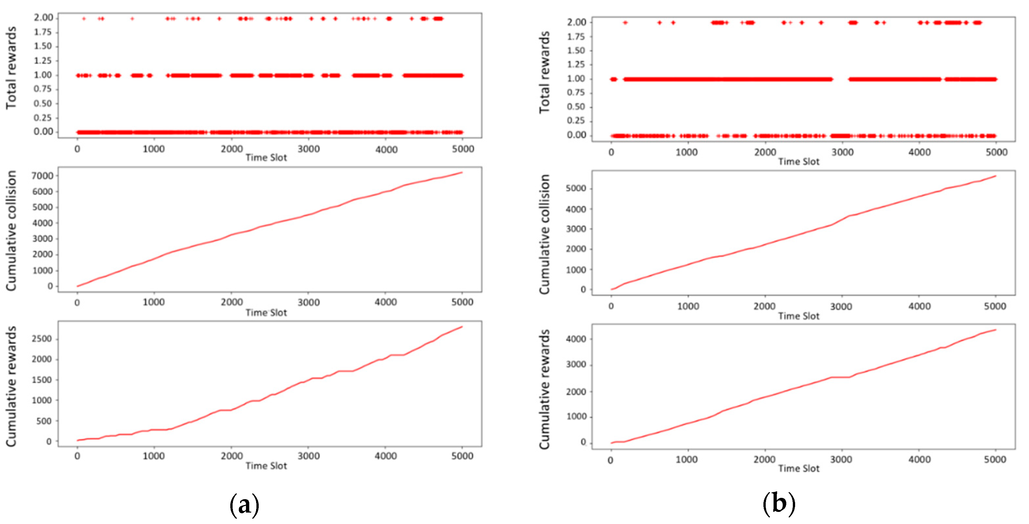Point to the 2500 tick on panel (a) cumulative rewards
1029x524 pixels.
tap(41, 339)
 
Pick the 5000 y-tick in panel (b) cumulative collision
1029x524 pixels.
tap(576, 188)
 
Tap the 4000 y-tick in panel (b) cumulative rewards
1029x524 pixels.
tap(576, 339)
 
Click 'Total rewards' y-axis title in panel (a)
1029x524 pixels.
tap(11, 68)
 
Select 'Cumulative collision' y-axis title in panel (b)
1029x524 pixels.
tap(545, 235)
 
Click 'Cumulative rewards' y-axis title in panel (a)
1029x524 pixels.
tap(11, 386)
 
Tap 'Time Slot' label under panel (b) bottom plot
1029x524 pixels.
tap(798, 469)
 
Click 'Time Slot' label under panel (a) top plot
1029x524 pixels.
tap(266, 158)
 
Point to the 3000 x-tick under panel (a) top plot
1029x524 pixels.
tap(308, 149)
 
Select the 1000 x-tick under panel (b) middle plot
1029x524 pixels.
tap(687, 306)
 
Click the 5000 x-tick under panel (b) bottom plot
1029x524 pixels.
tap(995, 460)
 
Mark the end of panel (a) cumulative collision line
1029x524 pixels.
tap(462, 172)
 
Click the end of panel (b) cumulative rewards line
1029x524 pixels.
tap(996, 330)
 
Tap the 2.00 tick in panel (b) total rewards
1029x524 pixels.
tap(576, 22)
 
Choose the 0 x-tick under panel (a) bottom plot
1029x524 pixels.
tap(77, 456)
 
